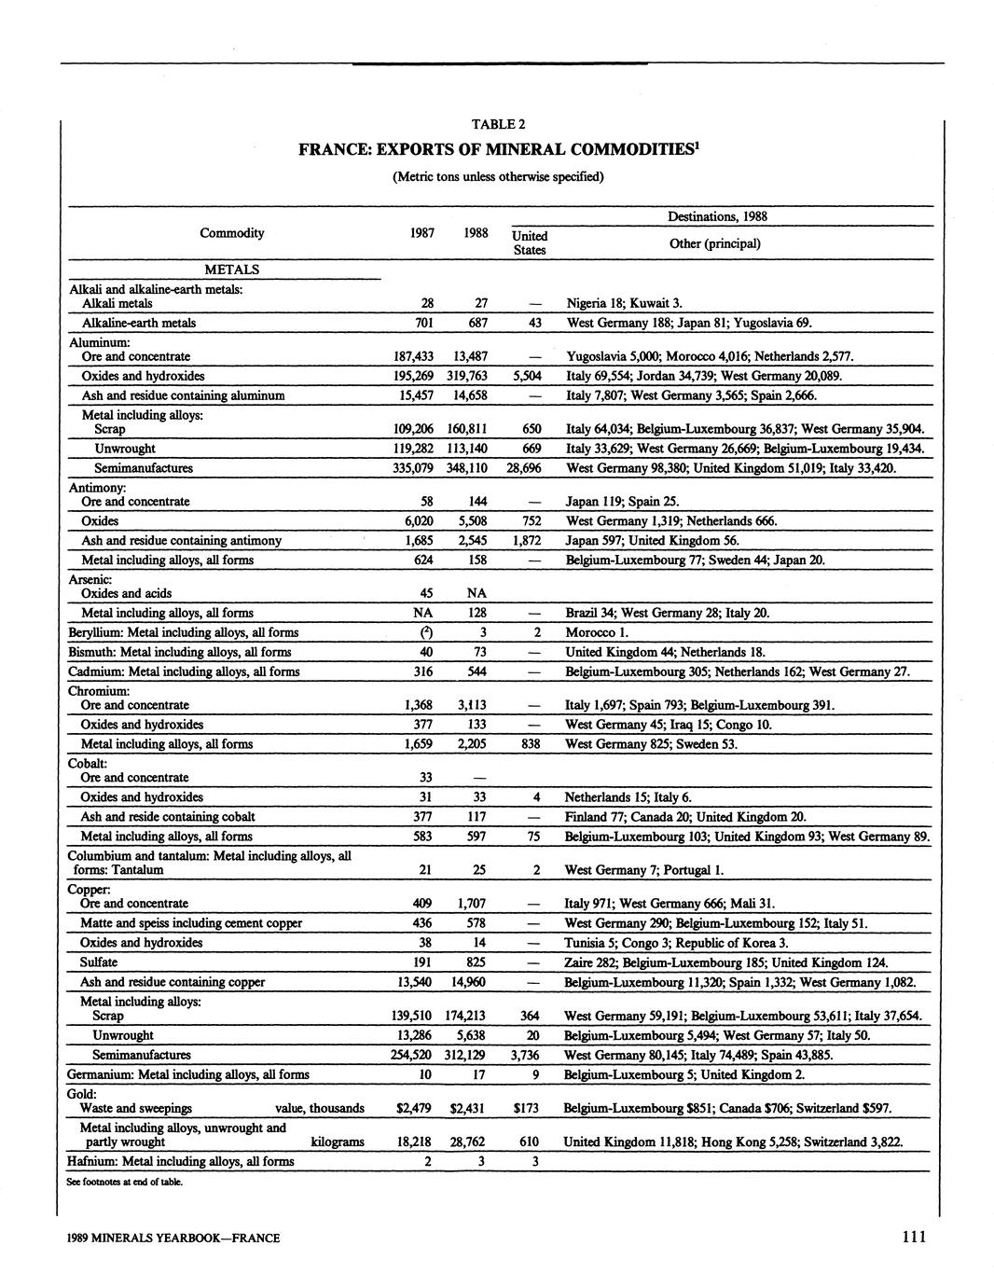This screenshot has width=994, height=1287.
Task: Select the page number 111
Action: coord(914,1237)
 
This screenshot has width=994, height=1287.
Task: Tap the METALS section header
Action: coord(231,270)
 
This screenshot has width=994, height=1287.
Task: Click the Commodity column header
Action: coord(232,233)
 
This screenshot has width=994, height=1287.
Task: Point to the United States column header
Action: coord(530,242)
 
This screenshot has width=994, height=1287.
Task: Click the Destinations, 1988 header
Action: coord(717,216)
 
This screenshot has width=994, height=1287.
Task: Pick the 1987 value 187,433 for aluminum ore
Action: coord(415,356)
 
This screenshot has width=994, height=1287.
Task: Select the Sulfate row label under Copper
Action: coord(99,962)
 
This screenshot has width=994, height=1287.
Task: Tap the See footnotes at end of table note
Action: coord(124,1182)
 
